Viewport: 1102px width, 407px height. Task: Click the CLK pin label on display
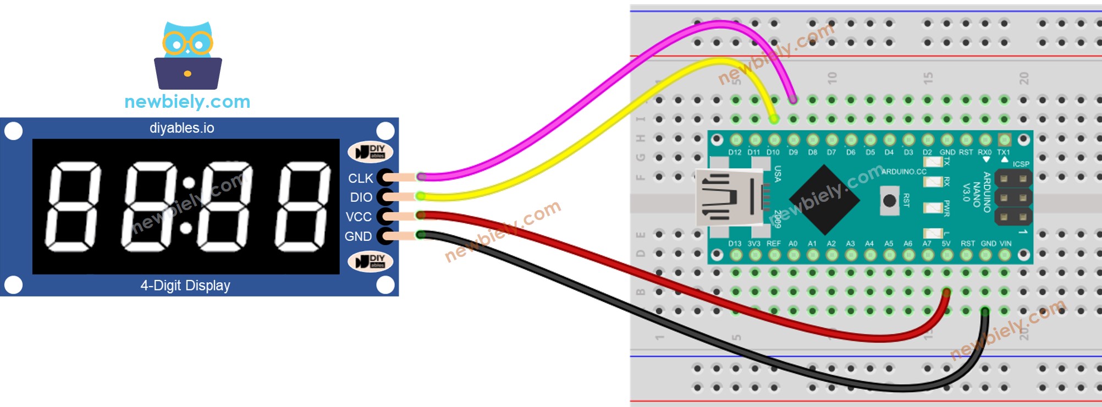tap(360, 178)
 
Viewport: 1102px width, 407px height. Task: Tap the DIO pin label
tap(361, 197)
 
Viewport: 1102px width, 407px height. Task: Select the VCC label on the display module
tap(359, 217)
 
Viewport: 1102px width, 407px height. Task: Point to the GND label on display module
tap(358, 237)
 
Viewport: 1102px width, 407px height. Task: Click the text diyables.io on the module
tap(181, 128)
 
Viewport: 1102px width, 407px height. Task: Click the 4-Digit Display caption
tap(185, 285)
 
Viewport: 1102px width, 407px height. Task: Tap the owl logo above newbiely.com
tap(188, 56)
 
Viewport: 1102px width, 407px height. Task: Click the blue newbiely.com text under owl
tap(187, 102)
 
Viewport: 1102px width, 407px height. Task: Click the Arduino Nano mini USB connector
tap(729, 197)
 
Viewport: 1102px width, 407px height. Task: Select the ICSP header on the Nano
tap(1013, 197)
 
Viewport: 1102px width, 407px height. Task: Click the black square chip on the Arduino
tap(824, 200)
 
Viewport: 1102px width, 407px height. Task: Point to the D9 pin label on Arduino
tap(793, 152)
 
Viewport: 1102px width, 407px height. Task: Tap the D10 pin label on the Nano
tap(773, 152)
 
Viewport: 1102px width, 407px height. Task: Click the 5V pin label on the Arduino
tap(946, 243)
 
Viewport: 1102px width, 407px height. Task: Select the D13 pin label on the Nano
tap(735, 243)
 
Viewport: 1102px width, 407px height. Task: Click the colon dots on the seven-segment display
tap(188, 205)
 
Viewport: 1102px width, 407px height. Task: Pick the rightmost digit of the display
tap(304, 207)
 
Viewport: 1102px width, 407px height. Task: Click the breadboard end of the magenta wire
tap(792, 100)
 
